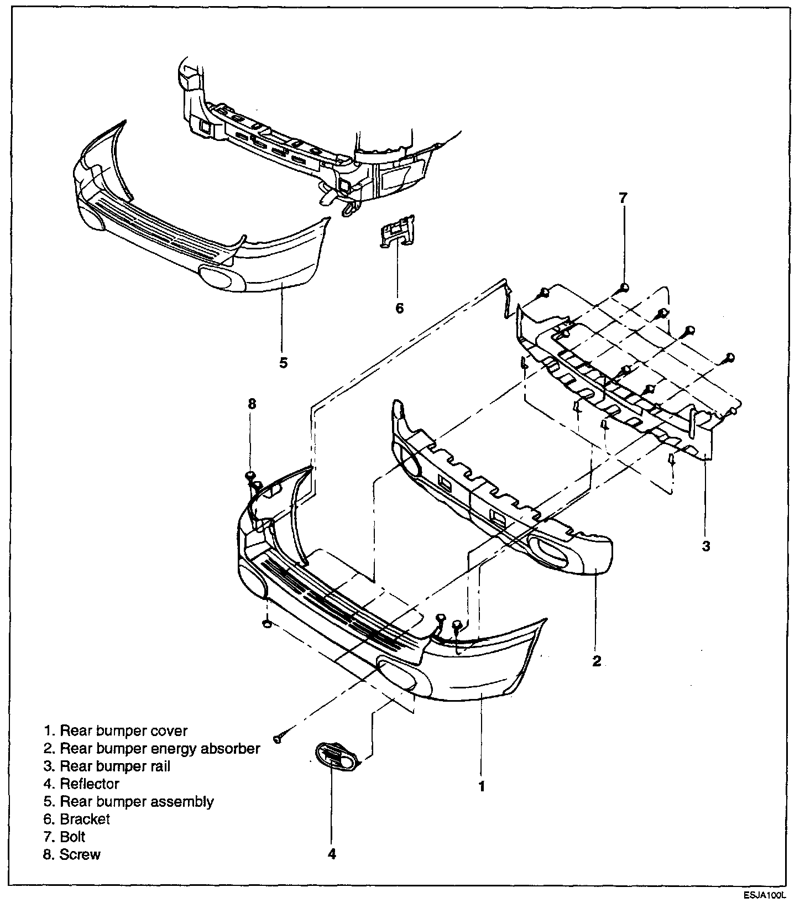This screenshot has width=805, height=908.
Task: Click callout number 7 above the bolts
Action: [x=623, y=198]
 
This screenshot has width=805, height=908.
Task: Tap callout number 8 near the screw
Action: [x=252, y=404]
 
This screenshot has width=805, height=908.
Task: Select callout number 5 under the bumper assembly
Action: [x=283, y=363]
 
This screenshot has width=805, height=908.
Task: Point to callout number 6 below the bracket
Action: [x=399, y=307]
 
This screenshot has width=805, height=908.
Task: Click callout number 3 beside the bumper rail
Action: [x=705, y=546]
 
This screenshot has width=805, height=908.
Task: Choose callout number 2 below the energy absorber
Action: [x=597, y=661]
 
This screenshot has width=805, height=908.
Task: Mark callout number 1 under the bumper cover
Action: [x=482, y=786]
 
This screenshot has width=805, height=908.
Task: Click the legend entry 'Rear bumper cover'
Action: [x=116, y=730]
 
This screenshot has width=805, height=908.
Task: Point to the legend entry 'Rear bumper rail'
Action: [x=107, y=766]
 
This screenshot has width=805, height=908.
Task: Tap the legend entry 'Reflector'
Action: [x=82, y=784]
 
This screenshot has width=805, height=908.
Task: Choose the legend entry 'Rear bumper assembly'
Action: [x=129, y=801]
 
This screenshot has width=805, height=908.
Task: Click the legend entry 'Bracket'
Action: [x=77, y=819]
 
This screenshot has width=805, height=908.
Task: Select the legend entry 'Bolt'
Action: [x=65, y=837]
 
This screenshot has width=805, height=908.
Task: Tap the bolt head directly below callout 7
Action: [x=624, y=286]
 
